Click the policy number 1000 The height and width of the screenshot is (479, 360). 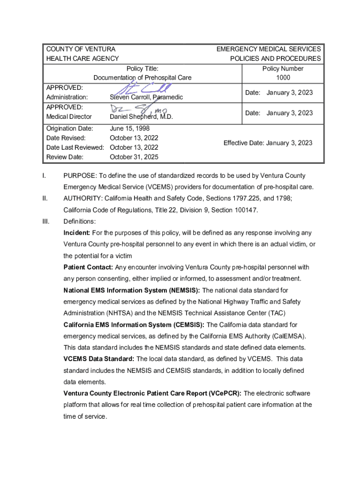[x=283, y=78]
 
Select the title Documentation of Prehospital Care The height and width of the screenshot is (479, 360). [x=143, y=78]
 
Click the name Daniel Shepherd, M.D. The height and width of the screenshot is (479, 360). [x=141, y=117]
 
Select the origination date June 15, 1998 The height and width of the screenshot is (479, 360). [x=130, y=128]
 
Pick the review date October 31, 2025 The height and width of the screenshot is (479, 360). [x=134, y=157]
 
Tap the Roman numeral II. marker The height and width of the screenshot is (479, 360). [x=45, y=198]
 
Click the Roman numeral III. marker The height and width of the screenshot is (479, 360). [x=46, y=221]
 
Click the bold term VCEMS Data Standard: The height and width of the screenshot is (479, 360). [x=99, y=359]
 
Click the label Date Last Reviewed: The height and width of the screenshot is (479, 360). [x=75, y=147]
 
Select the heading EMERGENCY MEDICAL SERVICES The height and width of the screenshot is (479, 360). [x=268, y=49]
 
